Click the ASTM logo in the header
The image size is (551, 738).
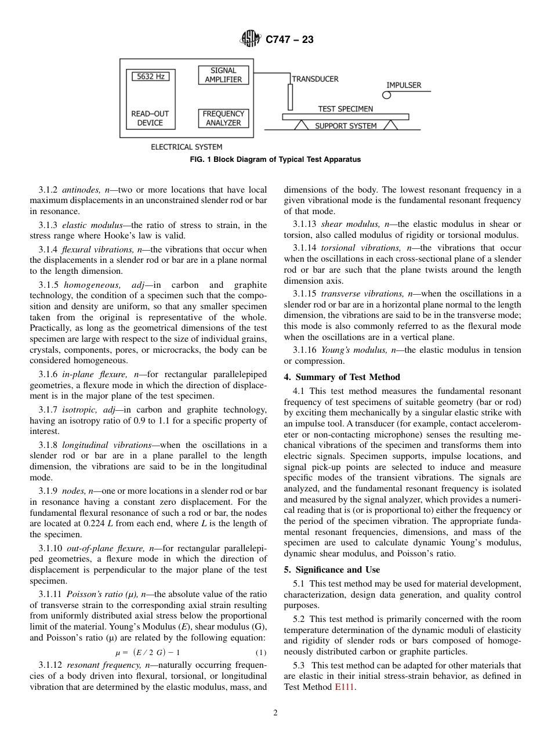coord(251,39)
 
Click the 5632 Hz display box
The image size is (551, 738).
coord(150,77)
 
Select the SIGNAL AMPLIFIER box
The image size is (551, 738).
coord(223,75)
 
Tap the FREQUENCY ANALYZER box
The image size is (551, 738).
coord(223,118)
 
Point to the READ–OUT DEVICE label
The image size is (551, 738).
coord(150,118)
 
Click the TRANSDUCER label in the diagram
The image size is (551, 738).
coord(315,79)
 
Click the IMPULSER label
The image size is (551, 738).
coord(404,85)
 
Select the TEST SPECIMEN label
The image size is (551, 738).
coord(345,108)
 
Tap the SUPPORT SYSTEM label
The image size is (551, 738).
coord(346,126)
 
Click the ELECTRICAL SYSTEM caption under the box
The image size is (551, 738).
coord(186,147)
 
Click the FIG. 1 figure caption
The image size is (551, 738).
coord(275,160)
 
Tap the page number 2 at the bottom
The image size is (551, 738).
coord(275,713)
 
